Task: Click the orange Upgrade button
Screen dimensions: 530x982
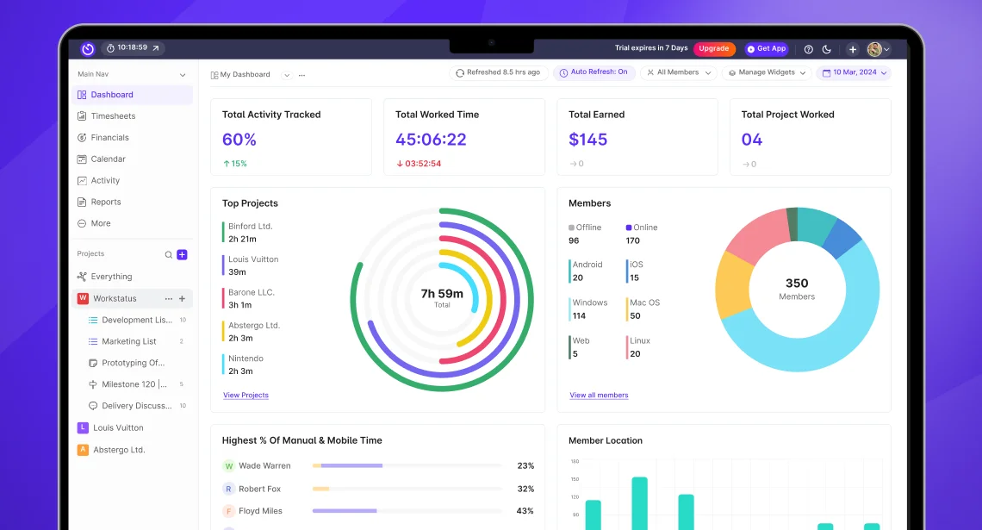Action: tap(713, 49)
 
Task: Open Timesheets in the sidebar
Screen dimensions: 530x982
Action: tap(113, 116)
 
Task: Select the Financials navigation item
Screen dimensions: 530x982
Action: tap(109, 138)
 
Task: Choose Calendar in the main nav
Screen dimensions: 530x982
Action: tap(108, 159)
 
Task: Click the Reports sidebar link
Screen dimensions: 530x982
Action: tap(106, 203)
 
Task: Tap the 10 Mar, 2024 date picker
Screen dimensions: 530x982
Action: tap(854, 73)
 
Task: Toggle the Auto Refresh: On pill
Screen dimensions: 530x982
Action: tap(594, 73)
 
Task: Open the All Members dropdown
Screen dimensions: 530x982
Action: tap(680, 73)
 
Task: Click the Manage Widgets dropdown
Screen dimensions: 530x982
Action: tap(767, 73)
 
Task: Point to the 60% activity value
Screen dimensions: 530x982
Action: tap(239, 140)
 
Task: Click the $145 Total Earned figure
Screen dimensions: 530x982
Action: tap(587, 140)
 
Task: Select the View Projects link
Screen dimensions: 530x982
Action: tap(245, 396)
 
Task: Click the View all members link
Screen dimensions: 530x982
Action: tap(599, 396)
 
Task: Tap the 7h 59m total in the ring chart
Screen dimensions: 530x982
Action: tap(442, 294)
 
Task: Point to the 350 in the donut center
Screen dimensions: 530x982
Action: tap(797, 284)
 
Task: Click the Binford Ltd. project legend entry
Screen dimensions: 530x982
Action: tap(250, 227)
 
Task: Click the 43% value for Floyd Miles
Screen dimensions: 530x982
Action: tap(525, 511)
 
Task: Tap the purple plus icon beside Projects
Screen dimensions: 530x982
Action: tap(182, 255)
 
